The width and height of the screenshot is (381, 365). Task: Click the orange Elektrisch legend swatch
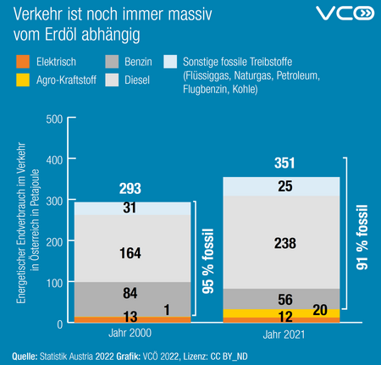(20, 63)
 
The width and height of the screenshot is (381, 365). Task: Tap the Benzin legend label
(139, 63)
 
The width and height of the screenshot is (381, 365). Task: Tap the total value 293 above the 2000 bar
(130, 188)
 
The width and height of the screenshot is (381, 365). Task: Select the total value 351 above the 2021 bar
(284, 163)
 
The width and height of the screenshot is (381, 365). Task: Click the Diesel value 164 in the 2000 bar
(130, 252)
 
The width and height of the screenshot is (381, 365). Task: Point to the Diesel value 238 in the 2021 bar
(284, 243)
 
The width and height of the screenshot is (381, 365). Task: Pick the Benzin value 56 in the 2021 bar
(284, 299)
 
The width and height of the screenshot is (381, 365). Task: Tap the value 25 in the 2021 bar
(284, 185)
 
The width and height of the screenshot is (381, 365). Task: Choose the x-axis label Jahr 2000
(130, 334)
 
